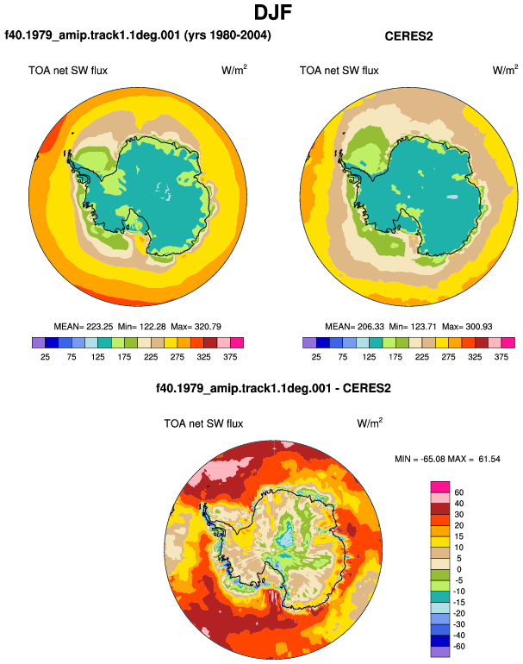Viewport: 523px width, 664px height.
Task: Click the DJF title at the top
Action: tap(273, 12)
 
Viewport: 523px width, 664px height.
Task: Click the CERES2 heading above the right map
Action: tap(408, 36)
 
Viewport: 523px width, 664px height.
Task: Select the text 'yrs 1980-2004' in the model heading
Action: tap(228, 35)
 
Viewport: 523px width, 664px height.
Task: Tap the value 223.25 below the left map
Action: tap(100, 327)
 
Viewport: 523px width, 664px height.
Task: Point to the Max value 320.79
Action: tap(208, 327)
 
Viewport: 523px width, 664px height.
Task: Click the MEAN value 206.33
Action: tap(371, 327)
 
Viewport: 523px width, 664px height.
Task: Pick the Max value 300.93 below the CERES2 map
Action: tap(479, 327)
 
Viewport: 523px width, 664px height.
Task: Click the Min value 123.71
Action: tap(423, 327)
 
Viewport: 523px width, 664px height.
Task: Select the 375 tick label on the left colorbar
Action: tap(230, 357)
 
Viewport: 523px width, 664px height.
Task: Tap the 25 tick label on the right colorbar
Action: tap(316, 357)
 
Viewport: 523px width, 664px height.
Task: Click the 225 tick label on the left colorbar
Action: tap(151, 357)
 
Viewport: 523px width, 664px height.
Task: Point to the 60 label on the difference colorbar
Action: tap(458, 492)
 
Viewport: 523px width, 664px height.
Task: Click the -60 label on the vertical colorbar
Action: tap(458, 647)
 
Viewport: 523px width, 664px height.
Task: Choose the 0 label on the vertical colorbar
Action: tap(458, 569)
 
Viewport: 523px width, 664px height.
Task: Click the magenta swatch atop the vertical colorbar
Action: tap(440, 487)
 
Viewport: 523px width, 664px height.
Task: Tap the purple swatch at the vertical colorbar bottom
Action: tap(440, 652)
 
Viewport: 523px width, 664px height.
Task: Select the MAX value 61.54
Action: tap(489, 459)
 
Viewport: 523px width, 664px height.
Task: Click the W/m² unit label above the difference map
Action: tap(370, 423)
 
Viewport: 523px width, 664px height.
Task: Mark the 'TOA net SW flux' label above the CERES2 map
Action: tap(339, 71)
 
